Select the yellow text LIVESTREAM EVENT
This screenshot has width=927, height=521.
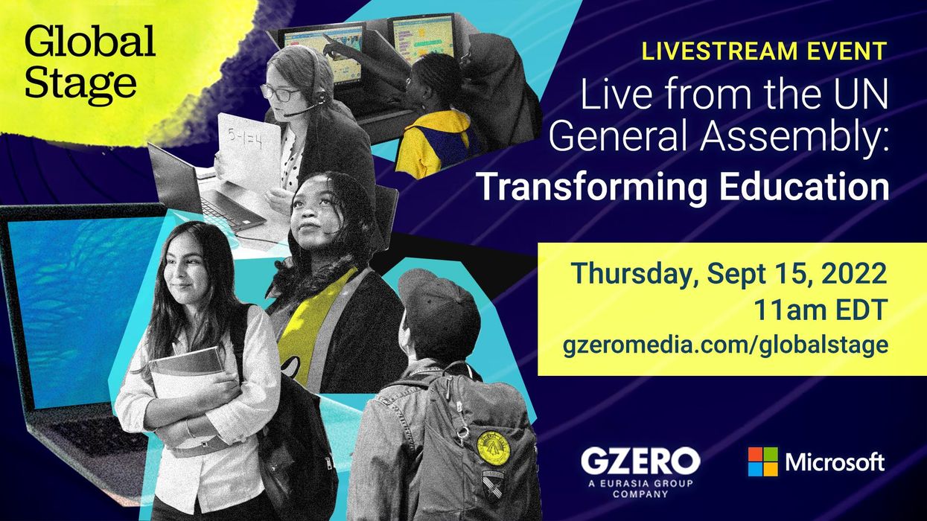(x=765, y=51)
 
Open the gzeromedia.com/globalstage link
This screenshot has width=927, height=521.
(x=727, y=345)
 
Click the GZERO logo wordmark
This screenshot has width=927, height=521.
(x=640, y=461)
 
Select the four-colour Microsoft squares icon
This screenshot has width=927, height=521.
(x=762, y=461)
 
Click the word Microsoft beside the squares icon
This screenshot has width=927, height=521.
(x=835, y=462)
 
